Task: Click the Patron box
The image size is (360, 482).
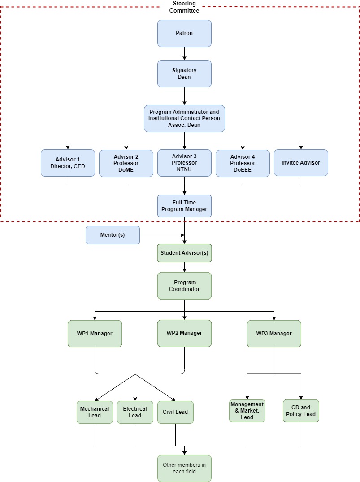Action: (184, 33)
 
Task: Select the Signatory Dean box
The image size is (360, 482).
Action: (184, 74)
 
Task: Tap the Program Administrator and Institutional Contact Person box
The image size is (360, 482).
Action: (184, 118)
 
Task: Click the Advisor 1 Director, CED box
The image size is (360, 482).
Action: (68, 163)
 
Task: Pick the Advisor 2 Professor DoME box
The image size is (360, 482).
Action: (126, 163)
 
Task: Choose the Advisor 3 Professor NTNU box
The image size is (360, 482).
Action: (184, 163)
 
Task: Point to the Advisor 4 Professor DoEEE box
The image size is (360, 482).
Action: (243, 163)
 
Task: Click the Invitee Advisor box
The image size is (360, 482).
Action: (301, 163)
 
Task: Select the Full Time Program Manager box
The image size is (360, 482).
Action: (184, 206)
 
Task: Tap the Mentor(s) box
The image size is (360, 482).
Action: (113, 235)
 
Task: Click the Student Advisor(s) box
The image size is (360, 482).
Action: (184, 253)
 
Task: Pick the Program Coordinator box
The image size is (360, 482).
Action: (184, 286)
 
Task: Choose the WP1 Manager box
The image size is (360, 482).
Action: (95, 334)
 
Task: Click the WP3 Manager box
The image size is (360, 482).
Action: (274, 334)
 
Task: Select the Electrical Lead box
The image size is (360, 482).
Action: (135, 412)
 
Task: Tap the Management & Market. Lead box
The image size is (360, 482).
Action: (247, 411)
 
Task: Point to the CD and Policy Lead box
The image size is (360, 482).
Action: (301, 411)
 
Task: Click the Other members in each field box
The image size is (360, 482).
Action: (184, 468)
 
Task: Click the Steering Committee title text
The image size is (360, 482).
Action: (184, 7)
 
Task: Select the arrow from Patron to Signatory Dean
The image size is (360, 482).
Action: (184, 53)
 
